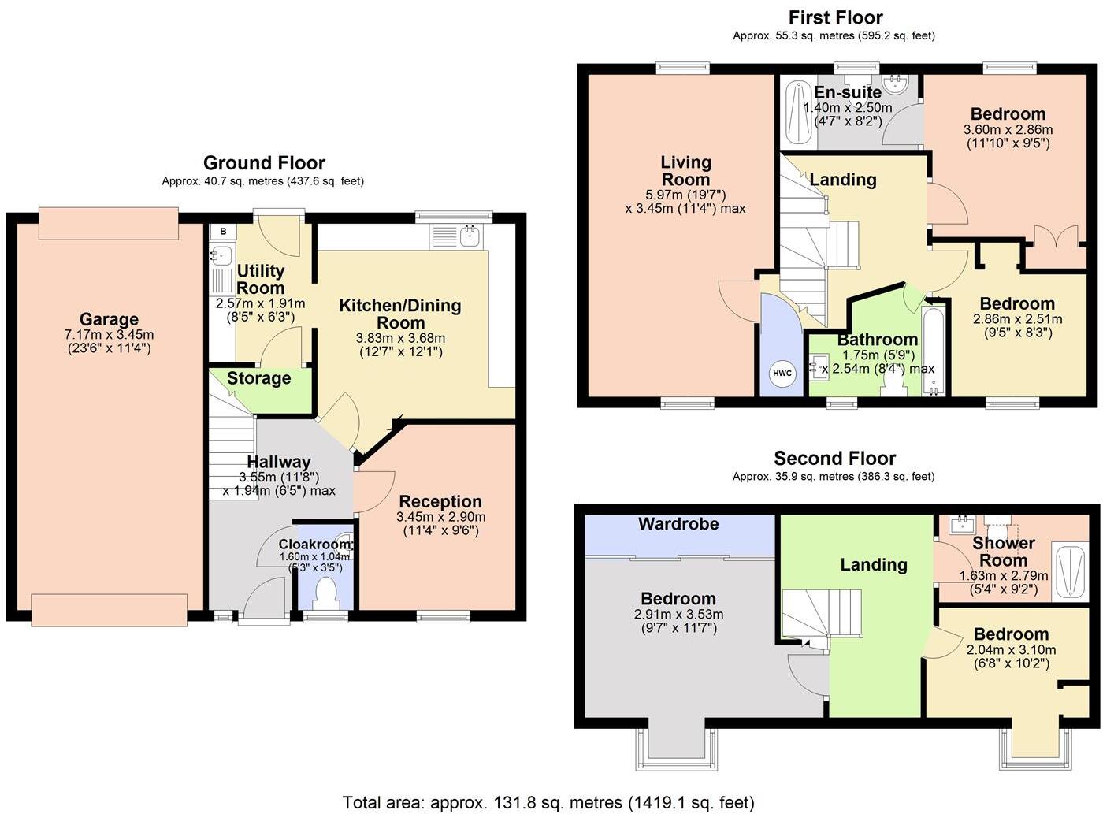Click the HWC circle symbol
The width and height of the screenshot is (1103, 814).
tap(782, 374)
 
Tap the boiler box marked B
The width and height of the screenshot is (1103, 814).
tap(223, 232)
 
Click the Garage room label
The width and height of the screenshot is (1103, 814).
tap(109, 319)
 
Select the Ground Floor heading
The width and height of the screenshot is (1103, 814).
tap(264, 162)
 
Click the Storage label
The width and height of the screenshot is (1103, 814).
tap(258, 378)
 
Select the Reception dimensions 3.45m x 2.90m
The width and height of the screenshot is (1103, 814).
tap(440, 517)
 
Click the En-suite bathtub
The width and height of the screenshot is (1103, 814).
tap(799, 113)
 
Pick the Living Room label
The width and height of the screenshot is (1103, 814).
tap(685, 171)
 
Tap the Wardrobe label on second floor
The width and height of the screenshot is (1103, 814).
tap(678, 523)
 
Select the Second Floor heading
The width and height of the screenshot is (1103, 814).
tap(835, 458)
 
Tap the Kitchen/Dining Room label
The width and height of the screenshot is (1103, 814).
tap(400, 314)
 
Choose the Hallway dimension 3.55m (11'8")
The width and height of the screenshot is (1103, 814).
tap(279, 478)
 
